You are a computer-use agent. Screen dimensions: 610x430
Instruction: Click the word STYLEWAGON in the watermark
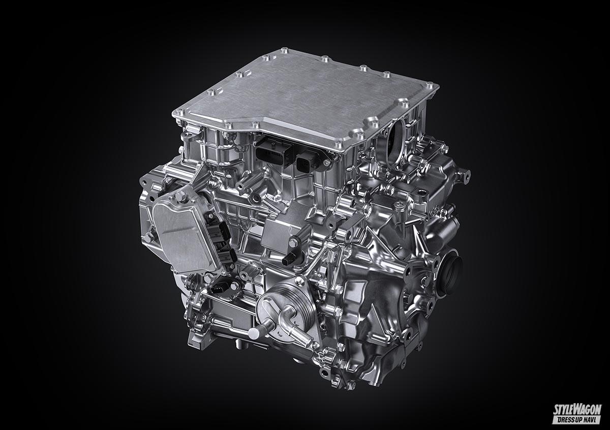[576, 410]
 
